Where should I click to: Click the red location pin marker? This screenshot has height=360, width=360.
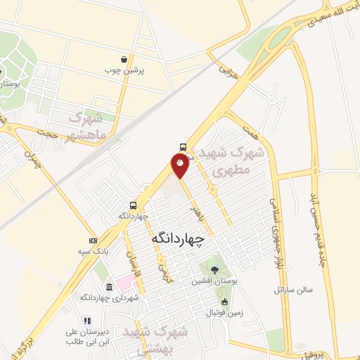point(181,165)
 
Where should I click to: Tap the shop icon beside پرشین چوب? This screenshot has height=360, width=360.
point(124,60)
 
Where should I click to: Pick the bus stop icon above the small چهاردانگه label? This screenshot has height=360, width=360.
point(133,205)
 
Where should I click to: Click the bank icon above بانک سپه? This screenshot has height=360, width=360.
point(93,240)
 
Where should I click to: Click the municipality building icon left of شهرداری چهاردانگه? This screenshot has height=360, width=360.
point(110,287)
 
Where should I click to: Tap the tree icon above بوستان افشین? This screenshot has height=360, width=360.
point(214,269)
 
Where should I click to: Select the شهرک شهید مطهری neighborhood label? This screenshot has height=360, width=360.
point(234,162)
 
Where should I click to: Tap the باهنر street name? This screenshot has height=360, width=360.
point(198,201)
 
